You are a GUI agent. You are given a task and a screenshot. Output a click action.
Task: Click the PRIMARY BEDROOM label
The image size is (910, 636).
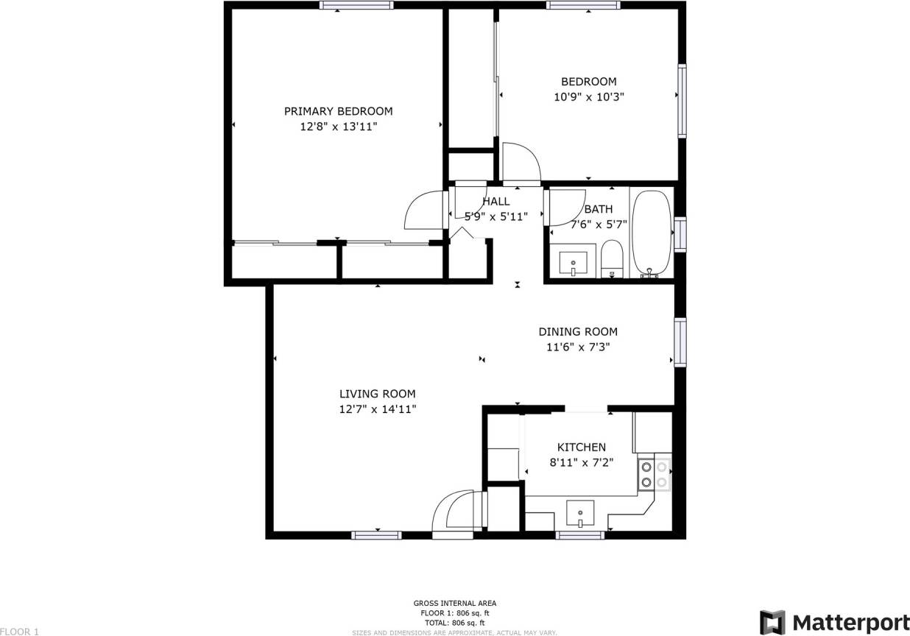click(x=338, y=111)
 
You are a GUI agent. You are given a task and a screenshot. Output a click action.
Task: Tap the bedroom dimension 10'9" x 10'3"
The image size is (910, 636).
click(x=588, y=96)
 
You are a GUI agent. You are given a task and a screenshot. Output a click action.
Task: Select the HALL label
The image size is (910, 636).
click(x=495, y=201)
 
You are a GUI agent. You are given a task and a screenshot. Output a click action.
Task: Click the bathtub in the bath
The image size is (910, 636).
click(x=652, y=233)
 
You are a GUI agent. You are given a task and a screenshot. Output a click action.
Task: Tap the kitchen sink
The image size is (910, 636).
click(x=581, y=512)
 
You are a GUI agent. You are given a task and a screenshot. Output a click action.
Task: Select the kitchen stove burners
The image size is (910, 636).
click(x=654, y=474)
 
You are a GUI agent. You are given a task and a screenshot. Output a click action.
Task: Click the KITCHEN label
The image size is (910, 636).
click(x=581, y=447)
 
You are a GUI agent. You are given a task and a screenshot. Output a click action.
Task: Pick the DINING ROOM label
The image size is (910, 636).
click(x=577, y=331)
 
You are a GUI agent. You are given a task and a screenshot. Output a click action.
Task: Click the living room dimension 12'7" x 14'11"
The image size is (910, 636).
click(x=377, y=409)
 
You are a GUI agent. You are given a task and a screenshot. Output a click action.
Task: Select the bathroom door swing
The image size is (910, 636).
click(x=564, y=208)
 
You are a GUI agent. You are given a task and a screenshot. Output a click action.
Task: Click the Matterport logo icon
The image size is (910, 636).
click(x=772, y=622)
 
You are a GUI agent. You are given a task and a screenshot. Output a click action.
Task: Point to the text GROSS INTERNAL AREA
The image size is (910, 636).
click(x=454, y=603)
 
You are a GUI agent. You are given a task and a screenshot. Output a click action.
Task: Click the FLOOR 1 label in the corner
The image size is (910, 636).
click(x=19, y=631)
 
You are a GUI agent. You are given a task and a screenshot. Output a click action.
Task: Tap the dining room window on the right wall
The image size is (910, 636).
click(x=680, y=342)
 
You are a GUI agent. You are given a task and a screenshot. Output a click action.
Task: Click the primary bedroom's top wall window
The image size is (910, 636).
click(x=356, y=6)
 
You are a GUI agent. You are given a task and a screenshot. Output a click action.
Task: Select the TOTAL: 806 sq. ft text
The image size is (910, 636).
click(x=454, y=622)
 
